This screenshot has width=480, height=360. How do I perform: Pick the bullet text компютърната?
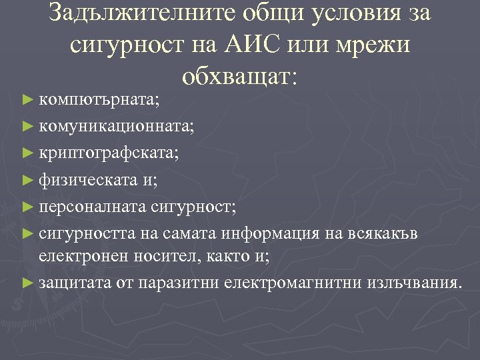pyautogui.click(x=99, y=101)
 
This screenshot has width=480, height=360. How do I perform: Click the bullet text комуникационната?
pyautogui.click(x=117, y=125)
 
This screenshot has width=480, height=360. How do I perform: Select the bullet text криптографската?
pyautogui.click(x=109, y=153)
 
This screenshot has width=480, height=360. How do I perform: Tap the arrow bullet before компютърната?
pyautogui.click(x=27, y=101)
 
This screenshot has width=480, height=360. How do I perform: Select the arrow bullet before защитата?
pyautogui.click(x=27, y=283)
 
